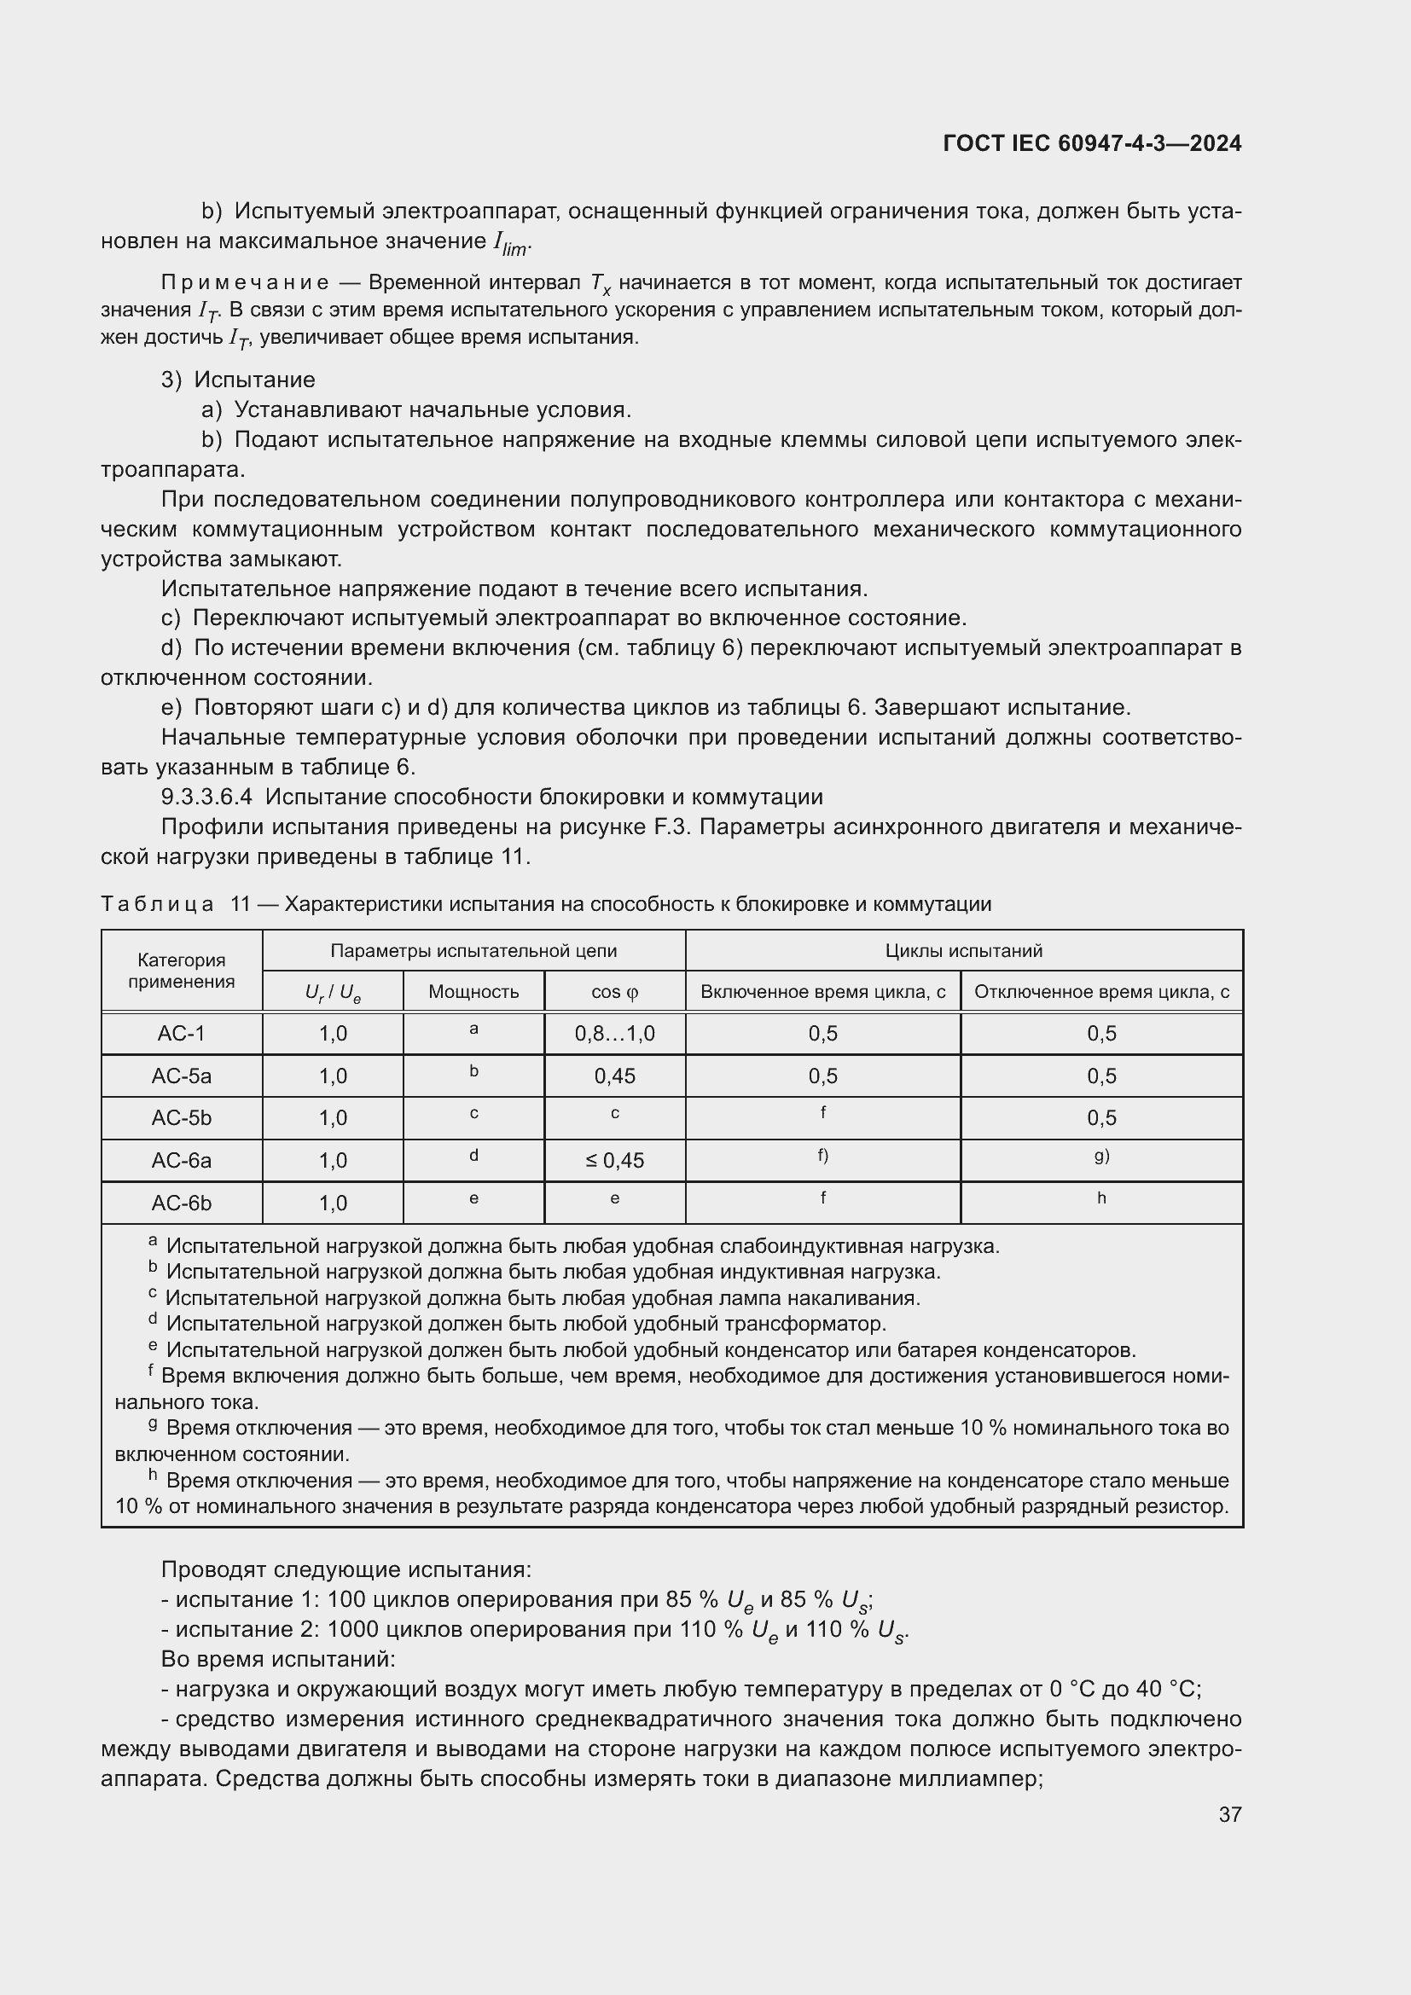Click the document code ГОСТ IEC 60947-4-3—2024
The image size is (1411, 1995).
coord(1091,143)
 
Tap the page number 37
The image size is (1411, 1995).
coord(1229,1814)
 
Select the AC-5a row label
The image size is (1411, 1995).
coord(181,1076)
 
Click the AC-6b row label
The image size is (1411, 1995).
coord(181,1203)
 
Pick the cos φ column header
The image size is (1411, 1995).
coord(614,991)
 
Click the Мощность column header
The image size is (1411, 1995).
coord(473,991)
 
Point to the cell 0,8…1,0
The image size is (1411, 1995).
coord(614,1033)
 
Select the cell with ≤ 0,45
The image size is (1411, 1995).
coord(614,1160)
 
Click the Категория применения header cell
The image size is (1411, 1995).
coord(181,971)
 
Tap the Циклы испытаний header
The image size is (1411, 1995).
coord(962,950)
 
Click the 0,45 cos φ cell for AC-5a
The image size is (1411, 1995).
coord(614,1076)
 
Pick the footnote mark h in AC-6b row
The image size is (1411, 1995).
coord(1100,1198)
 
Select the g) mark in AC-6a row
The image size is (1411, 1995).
coord(1100,1156)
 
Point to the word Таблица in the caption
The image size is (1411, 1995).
coord(157,903)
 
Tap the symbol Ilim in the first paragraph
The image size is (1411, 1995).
coord(510,244)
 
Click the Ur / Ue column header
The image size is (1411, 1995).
coord(333,992)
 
